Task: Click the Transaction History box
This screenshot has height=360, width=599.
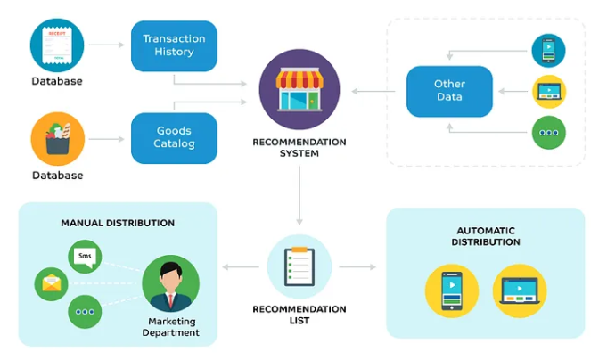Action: click(x=175, y=45)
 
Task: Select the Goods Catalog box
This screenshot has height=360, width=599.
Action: click(x=175, y=137)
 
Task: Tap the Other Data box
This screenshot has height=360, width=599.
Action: click(x=449, y=90)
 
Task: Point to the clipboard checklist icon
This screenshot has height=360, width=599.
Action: click(x=299, y=266)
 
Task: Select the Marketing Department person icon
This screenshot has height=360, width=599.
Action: click(x=170, y=283)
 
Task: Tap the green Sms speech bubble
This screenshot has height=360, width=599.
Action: click(x=86, y=257)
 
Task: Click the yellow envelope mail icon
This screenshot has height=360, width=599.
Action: click(x=52, y=284)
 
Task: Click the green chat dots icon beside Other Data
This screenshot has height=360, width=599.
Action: click(x=549, y=133)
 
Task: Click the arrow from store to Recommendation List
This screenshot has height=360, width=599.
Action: click(x=299, y=192)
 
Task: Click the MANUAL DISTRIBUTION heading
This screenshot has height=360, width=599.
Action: click(x=118, y=223)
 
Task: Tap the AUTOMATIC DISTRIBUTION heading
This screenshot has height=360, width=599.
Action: click(x=487, y=236)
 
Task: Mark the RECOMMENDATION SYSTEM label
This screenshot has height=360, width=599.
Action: click(x=299, y=147)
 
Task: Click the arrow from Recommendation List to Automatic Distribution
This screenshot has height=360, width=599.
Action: click(x=357, y=266)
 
